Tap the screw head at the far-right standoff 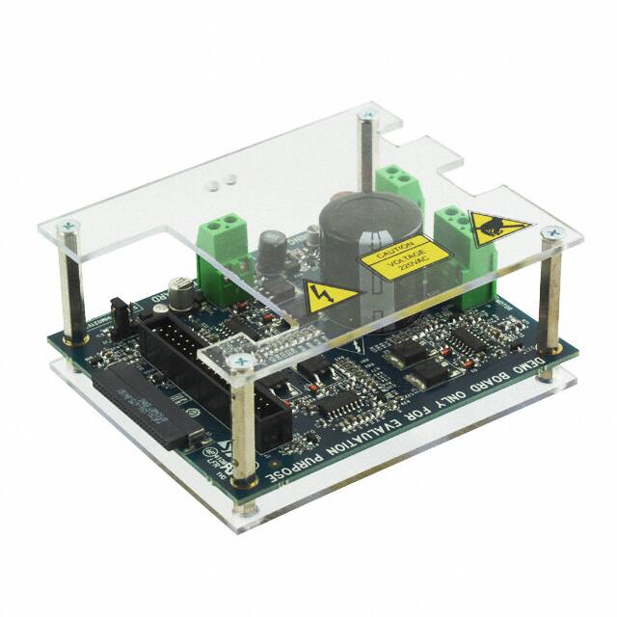pyautogui.click(x=550, y=232)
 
